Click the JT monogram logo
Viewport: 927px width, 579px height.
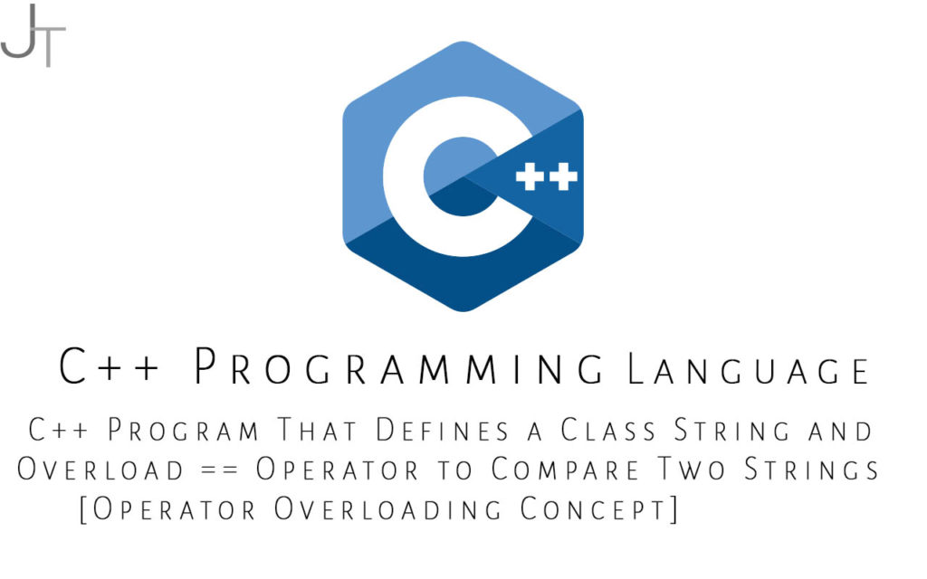(x=33, y=35)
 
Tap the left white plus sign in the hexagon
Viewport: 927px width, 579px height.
(x=530, y=176)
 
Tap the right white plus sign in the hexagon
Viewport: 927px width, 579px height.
(x=563, y=176)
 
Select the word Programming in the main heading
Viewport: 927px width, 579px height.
(x=399, y=366)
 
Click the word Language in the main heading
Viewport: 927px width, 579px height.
(x=748, y=369)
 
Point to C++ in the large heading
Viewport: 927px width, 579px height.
(x=109, y=366)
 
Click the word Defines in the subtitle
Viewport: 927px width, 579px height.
(x=443, y=430)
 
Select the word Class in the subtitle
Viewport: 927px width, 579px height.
(x=608, y=430)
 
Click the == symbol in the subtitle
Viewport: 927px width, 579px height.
(x=219, y=470)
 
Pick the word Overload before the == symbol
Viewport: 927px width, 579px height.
(x=100, y=470)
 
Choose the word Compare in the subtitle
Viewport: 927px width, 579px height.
(x=565, y=470)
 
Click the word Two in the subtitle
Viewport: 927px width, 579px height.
(x=692, y=470)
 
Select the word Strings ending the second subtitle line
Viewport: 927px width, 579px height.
(x=811, y=470)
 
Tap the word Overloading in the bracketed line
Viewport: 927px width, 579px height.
(x=387, y=508)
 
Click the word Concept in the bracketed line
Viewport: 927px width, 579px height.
(x=593, y=508)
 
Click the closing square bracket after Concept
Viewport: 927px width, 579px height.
(x=674, y=509)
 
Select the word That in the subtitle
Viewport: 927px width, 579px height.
(x=317, y=430)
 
